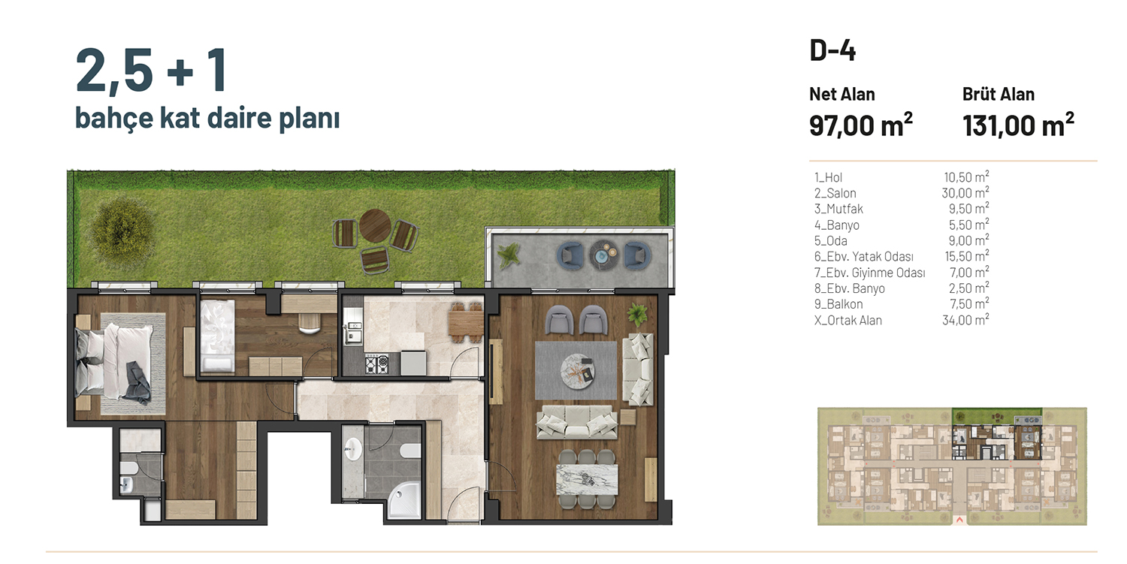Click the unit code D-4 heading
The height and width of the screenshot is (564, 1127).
coord(832,51)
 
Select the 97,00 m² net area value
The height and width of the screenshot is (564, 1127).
coord(860,125)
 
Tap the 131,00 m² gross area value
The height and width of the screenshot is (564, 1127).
coord(1018,125)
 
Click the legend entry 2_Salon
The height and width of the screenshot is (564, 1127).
coord(835,193)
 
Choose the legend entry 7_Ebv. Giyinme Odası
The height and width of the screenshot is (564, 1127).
coord(869,273)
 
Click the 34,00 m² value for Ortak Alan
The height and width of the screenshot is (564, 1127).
coord(965,320)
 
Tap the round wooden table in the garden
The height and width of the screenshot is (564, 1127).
coord(375,225)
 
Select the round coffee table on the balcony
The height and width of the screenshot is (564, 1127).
coord(604,255)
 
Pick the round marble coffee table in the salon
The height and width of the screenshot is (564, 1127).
coord(577,371)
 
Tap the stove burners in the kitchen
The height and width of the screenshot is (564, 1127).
coord(377,363)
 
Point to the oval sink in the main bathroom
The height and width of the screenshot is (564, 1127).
coord(353,448)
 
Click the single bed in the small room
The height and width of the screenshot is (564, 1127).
coord(217,336)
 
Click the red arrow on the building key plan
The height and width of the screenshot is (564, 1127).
coord(959,520)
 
